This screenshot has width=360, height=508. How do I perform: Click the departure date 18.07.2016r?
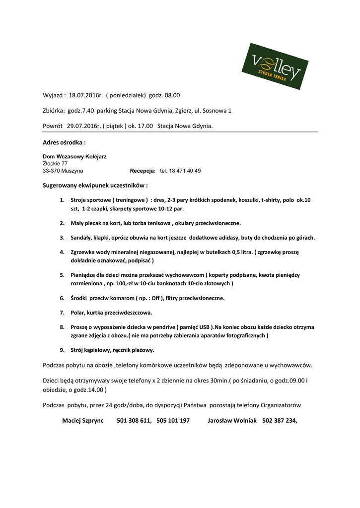click(x=85, y=95)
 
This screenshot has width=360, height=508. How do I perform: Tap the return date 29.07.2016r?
click(x=84, y=126)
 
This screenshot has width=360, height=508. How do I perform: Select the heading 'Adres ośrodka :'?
click(x=64, y=142)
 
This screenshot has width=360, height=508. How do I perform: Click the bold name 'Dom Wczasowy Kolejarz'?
click(x=74, y=156)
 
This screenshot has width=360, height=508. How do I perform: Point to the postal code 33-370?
click(x=52, y=171)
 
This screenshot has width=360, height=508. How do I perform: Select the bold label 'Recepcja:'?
click(x=143, y=171)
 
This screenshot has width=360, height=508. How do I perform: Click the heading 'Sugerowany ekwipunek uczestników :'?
click(x=95, y=185)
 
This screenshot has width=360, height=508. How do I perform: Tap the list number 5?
click(x=62, y=274)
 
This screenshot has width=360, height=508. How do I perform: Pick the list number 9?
click(x=62, y=350)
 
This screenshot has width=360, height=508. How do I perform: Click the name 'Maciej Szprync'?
click(x=83, y=420)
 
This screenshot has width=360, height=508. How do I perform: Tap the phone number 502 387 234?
click(x=279, y=420)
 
